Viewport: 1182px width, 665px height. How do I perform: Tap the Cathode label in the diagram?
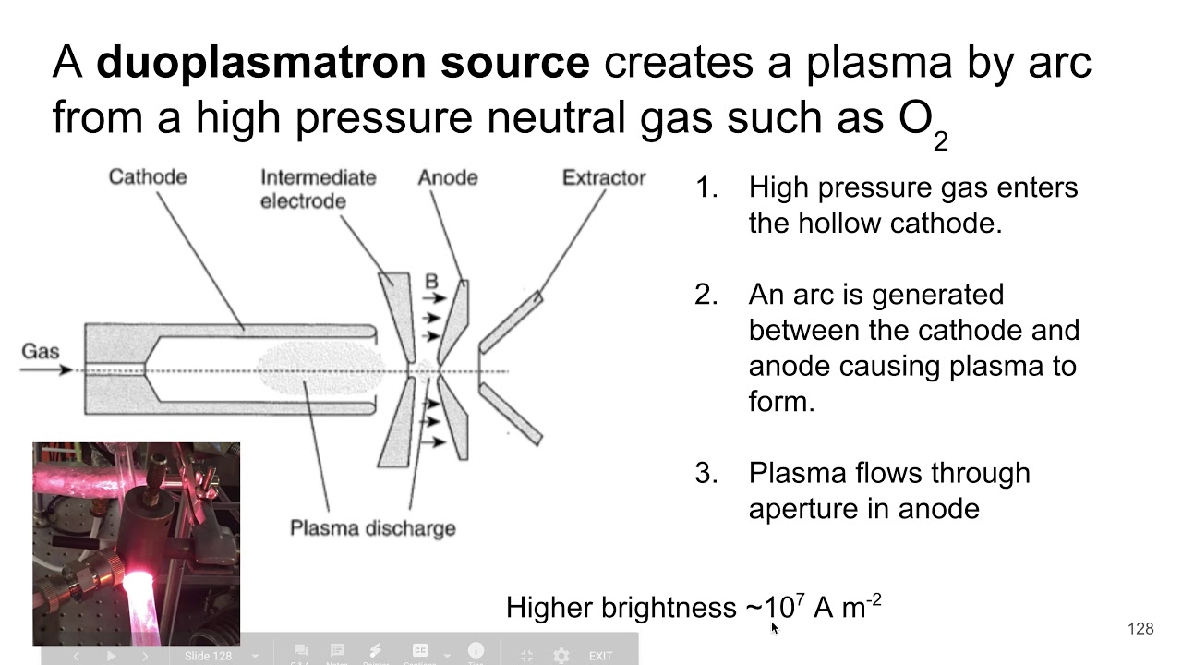[x=147, y=176]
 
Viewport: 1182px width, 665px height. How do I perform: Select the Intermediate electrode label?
[x=318, y=189]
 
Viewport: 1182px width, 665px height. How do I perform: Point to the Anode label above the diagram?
[x=447, y=176]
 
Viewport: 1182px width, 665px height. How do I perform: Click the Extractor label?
[x=603, y=177]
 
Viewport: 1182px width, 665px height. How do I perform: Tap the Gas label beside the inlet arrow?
[x=40, y=351]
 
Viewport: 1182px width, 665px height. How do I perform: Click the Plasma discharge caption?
[x=372, y=528]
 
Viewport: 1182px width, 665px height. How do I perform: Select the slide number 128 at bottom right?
[x=1140, y=629]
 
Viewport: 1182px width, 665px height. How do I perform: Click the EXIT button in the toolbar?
[x=600, y=656]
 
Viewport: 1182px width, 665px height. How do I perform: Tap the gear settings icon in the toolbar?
[x=561, y=656]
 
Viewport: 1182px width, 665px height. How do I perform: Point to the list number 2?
[x=706, y=295]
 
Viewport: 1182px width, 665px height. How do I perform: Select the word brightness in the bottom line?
[x=669, y=608]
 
